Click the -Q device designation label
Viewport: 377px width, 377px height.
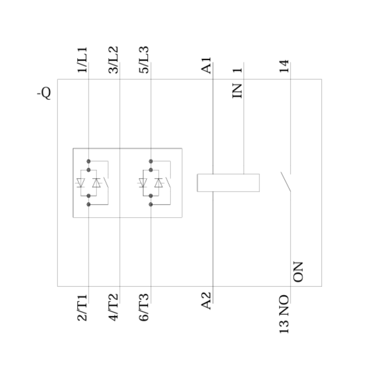click(x=44, y=93)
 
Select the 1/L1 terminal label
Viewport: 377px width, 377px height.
click(x=82, y=60)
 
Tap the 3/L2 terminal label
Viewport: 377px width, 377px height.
click(x=113, y=60)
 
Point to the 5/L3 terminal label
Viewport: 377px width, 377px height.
click(x=144, y=60)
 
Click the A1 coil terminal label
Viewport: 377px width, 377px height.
click(x=206, y=65)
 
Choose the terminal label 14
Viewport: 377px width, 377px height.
click(x=284, y=66)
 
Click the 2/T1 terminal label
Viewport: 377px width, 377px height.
click(x=82, y=308)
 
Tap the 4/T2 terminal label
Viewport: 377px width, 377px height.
click(x=113, y=308)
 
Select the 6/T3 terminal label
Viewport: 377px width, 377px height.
click(x=144, y=308)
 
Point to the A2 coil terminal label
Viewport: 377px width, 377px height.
click(x=206, y=301)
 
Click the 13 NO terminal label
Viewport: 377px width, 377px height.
click(x=284, y=314)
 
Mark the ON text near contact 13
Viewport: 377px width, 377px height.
click(x=298, y=272)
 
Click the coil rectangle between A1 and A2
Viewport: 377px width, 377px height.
click(x=228, y=183)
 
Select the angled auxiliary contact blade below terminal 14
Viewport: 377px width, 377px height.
click(x=286, y=182)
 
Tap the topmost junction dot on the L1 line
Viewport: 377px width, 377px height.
click(x=88, y=161)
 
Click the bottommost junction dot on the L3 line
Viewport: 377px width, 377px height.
click(x=151, y=204)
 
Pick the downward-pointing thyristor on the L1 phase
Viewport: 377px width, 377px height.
click(x=81, y=183)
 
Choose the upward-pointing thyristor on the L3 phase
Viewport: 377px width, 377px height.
click(x=158, y=183)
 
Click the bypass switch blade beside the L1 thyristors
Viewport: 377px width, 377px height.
click(x=106, y=182)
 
